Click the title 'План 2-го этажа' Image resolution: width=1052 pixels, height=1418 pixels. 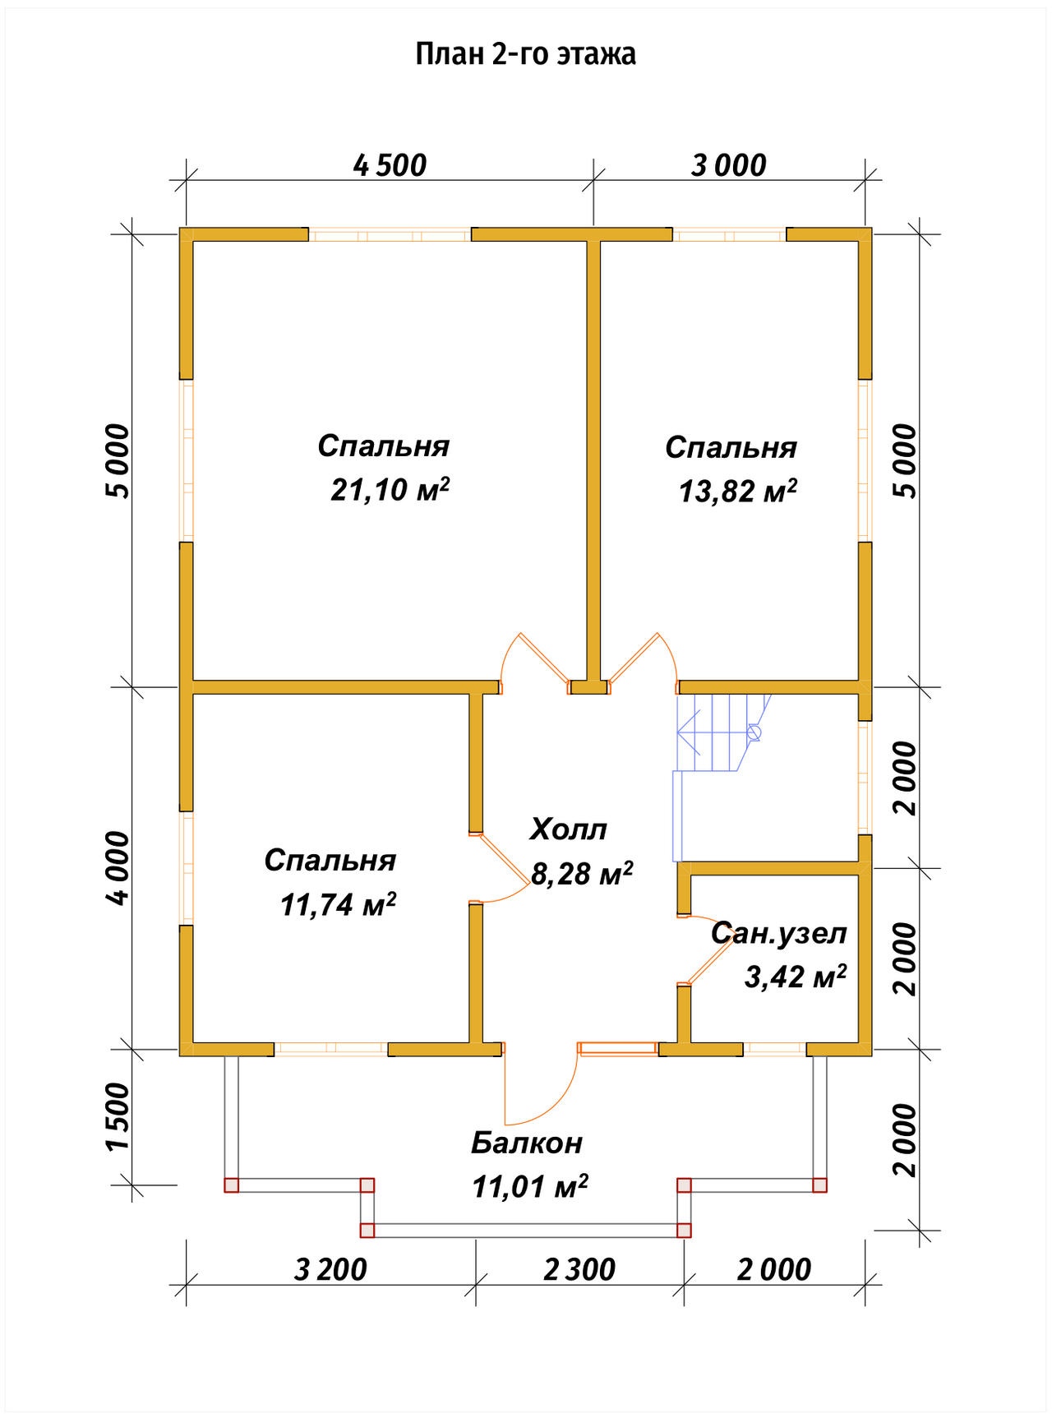[525, 54]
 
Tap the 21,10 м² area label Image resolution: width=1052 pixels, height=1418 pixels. [390, 489]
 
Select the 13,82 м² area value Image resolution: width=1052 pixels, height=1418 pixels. [738, 491]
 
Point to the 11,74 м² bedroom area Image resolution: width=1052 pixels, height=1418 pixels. [339, 904]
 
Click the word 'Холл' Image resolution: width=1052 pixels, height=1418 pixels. [569, 829]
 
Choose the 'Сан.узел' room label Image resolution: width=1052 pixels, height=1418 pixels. [778, 934]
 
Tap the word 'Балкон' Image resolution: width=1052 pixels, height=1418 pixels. [527, 1143]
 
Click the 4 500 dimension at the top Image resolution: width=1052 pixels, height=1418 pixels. [390, 165]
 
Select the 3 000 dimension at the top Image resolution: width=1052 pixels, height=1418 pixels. [728, 165]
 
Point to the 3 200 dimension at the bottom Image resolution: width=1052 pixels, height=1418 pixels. [330, 1270]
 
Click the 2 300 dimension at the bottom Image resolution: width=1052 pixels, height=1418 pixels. [579, 1270]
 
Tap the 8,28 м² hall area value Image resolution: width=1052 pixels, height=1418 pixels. [581, 873]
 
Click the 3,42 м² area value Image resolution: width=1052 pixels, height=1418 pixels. [796, 977]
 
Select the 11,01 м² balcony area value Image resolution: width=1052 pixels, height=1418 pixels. [530, 1186]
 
